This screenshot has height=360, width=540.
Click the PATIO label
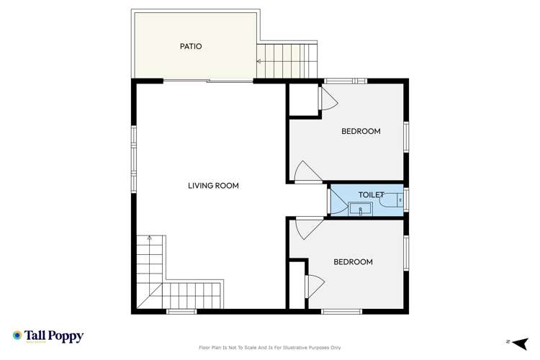click(x=191, y=47)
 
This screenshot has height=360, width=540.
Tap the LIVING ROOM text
click(x=213, y=186)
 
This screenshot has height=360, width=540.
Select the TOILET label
click(x=371, y=195)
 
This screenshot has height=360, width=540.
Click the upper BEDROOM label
click(x=361, y=131)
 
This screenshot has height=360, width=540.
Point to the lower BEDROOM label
click(x=353, y=262)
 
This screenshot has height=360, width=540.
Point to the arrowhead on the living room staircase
click(x=149, y=237)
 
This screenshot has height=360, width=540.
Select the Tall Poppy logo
click(x=48, y=336)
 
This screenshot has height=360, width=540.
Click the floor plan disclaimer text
click(x=270, y=348)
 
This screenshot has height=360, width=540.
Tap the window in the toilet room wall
click(x=406, y=199)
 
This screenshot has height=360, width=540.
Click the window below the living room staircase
click(x=181, y=311)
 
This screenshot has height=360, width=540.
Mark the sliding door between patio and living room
click(x=209, y=81)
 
